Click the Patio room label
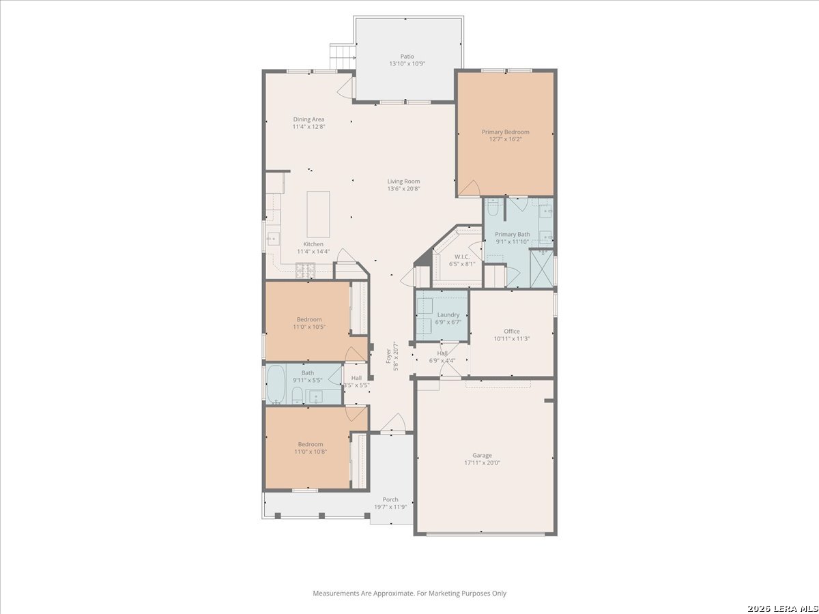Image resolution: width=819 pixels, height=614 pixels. click(x=407, y=57)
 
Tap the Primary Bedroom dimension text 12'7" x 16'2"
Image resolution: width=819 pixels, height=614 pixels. click(x=505, y=139)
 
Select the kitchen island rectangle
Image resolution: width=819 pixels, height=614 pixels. click(x=318, y=214)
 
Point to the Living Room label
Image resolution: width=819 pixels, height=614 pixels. click(x=403, y=181)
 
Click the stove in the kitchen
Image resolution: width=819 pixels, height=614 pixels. click(x=306, y=271)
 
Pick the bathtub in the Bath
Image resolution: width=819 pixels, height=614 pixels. click(x=276, y=384)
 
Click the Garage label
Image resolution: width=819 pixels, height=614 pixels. click(x=482, y=455)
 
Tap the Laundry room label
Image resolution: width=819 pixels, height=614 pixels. click(x=448, y=315)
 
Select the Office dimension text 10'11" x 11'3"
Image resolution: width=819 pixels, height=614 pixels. click(x=512, y=338)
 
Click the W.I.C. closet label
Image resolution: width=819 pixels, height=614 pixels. click(x=462, y=257)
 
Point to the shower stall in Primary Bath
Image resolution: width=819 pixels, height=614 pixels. click(x=541, y=268)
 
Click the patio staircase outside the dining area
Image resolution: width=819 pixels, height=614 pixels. click(x=342, y=57)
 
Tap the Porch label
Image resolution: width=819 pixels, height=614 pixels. click(x=390, y=499)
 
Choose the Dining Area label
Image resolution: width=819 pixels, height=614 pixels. click(x=308, y=119)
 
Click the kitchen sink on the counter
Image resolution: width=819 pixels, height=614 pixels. click(x=274, y=239)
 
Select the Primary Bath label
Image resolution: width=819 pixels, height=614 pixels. click(x=513, y=234)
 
